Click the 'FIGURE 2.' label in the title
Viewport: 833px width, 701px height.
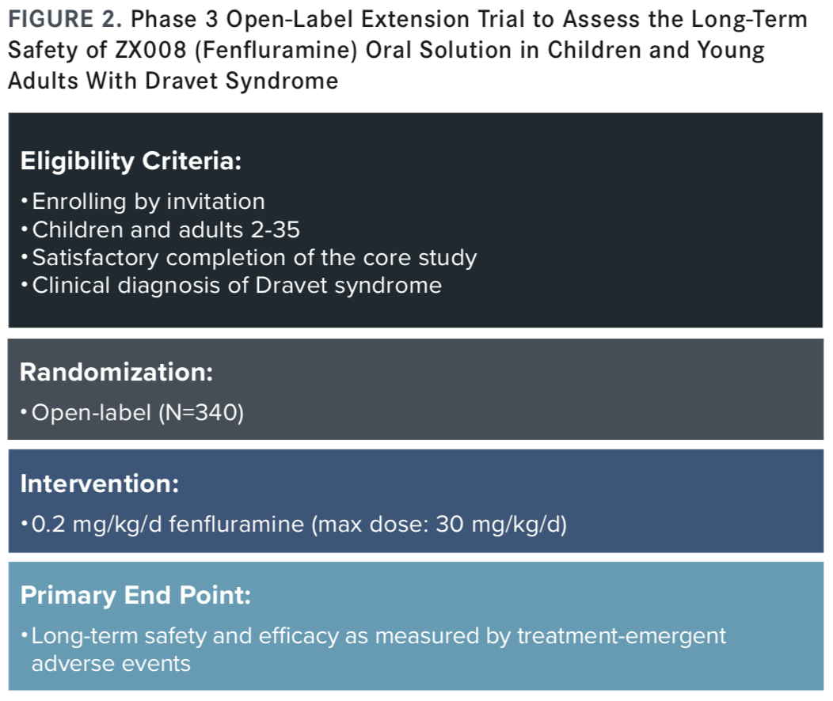[65, 20]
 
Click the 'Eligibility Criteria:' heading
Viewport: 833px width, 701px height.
[131, 161]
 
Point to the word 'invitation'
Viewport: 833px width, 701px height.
[215, 201]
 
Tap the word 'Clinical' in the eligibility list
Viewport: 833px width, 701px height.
[71, 286]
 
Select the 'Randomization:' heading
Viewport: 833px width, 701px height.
[116, 372]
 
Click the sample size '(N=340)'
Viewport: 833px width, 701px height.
[201, 413]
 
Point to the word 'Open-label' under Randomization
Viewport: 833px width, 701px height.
[91, 413]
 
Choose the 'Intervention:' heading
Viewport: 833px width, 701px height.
[100, 484]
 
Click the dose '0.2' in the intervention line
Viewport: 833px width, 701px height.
[48, 525]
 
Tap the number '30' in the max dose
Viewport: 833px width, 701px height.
[450, 525]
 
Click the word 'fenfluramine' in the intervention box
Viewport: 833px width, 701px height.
[237, 525]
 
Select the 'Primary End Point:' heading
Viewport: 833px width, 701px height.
[135, 596]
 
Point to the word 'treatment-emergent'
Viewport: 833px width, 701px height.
[622, 636]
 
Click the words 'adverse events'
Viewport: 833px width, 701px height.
[111, 664]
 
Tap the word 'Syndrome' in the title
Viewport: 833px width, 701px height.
[282, 81]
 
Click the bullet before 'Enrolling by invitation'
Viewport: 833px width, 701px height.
[24, 202]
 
